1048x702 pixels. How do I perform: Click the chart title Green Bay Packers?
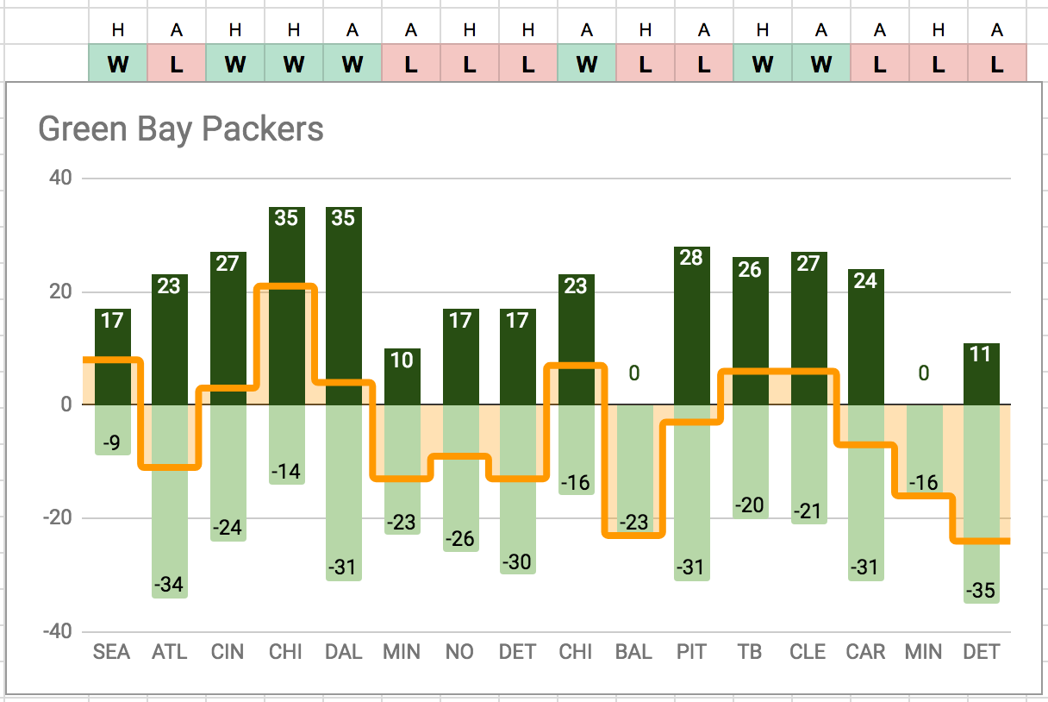181,129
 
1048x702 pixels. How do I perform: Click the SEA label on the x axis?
112,652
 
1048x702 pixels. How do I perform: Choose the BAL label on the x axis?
633,652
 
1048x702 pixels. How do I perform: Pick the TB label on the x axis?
750,652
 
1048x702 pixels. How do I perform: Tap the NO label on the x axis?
460,652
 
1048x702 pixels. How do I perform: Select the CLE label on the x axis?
808,652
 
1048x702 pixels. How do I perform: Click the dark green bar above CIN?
228,328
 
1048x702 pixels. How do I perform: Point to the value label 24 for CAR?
865,281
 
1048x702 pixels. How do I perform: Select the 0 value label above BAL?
633,373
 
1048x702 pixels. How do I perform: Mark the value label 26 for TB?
750,269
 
